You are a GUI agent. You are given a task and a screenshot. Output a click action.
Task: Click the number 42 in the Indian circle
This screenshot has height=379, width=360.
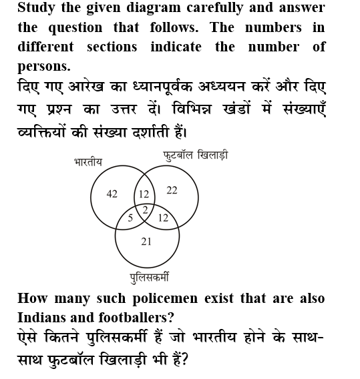(x=112, y=194)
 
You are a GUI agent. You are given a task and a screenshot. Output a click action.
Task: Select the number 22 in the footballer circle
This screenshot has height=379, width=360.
(x=172, y=190)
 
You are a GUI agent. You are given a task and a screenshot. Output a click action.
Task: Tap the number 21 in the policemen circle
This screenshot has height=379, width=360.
(x=146, y=242)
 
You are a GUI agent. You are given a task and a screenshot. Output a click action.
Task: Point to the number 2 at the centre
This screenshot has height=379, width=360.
(x=144, y=209)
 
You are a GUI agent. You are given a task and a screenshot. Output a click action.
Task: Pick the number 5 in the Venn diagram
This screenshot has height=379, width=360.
(x=130, y=217)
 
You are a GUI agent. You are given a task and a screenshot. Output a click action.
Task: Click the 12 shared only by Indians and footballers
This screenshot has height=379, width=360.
(x=144, y=194)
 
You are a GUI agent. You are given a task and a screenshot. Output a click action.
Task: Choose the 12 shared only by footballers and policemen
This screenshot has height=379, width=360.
(x=163, y=218)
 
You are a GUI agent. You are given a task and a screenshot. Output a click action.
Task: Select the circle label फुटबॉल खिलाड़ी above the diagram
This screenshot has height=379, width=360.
(x=196, y=155)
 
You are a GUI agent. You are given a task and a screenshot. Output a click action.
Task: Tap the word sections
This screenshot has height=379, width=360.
(x=112, y=47)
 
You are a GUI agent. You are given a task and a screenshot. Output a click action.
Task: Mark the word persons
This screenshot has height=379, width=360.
(x=42, y=67)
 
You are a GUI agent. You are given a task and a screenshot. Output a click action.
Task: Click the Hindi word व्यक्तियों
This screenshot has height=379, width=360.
(x=45, y=130)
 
